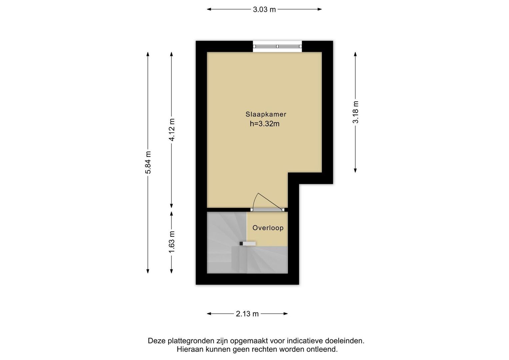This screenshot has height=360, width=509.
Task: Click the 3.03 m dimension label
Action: (264, 10)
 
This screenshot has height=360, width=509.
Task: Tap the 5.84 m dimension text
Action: (148, 162)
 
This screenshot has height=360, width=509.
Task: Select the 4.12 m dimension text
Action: (172, 130)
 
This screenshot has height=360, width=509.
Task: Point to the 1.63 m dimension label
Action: (172, 242)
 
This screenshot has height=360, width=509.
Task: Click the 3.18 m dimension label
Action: (355, 112)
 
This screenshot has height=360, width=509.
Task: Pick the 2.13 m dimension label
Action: (247, 314)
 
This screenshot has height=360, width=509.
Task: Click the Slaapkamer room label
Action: (266, 114)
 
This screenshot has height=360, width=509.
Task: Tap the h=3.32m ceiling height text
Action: (265, 124)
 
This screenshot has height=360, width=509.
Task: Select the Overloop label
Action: (268, 228)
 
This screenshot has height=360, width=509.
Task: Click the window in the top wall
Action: (277, 46)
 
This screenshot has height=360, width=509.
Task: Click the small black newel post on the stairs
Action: (241, 243)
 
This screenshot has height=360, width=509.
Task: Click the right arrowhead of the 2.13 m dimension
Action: (286, 314)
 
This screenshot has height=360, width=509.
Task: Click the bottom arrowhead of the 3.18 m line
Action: (355, 170)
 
